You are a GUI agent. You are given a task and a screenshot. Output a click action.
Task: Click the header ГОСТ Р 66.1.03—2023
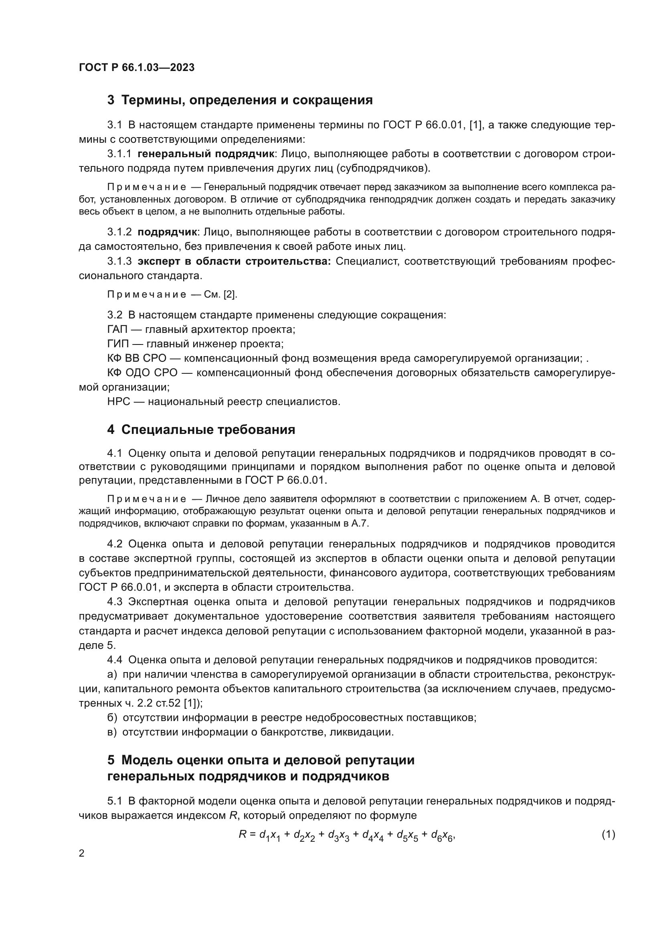tap(136, 67)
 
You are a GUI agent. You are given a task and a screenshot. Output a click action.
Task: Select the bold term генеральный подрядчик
tap(206, 154)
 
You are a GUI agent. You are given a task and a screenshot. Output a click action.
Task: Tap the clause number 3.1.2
tap(119, 232)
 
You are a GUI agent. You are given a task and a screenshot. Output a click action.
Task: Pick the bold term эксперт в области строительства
tap(234, 261)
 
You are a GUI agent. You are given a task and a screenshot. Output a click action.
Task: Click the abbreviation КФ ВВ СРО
tap(137, 358)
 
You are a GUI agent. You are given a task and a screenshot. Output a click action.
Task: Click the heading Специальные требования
tap(208, 430)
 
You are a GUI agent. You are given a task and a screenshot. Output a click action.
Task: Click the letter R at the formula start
tap(243, 834)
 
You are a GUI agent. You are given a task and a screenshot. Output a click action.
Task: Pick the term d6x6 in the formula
tap(442, 835)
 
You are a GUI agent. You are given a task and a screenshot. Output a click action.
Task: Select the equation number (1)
tap(608, 834)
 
